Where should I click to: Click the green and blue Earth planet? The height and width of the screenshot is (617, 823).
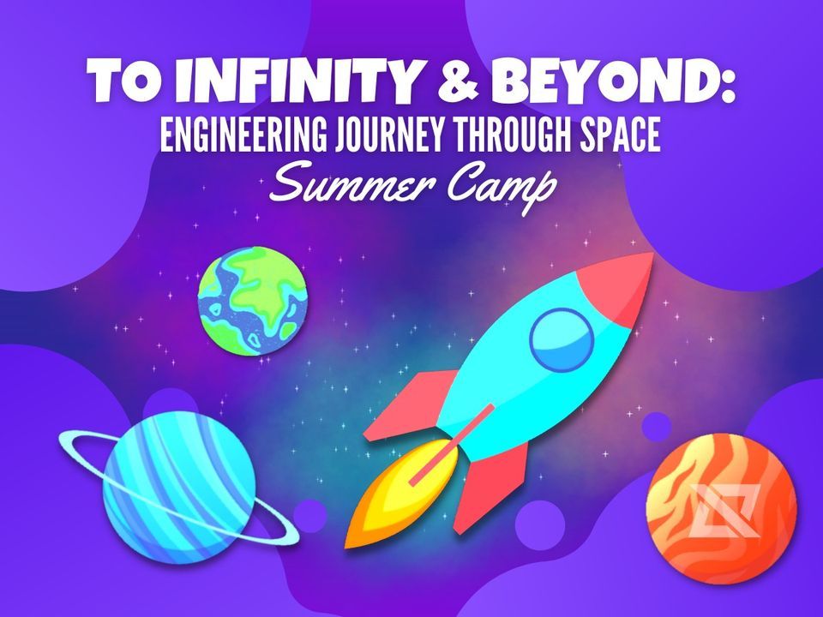coord(253,300)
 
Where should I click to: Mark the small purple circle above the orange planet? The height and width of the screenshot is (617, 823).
coord(656,426)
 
